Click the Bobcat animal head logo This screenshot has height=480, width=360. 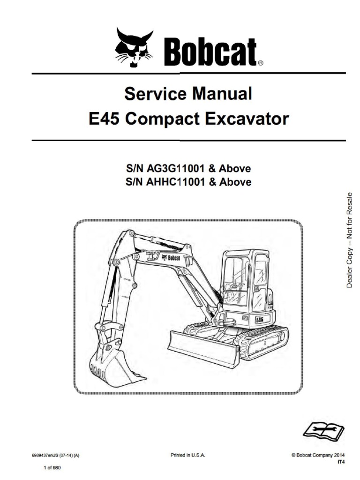134,48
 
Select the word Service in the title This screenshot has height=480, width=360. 155,94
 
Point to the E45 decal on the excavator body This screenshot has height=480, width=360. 259,319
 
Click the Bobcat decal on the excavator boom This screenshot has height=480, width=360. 171,257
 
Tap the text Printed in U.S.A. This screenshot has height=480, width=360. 187,455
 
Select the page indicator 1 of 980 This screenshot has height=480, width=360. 52,468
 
